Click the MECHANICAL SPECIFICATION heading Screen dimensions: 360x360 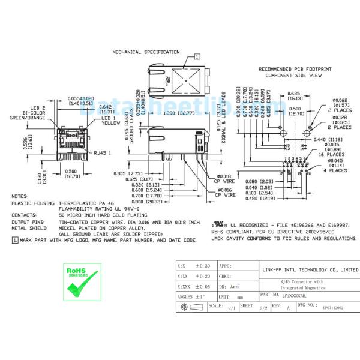(146, 52)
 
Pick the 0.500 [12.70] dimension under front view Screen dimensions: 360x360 (71, 173)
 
